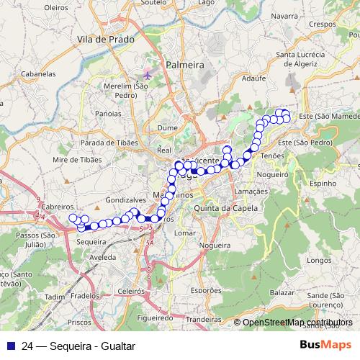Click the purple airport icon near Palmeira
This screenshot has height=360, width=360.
point(148,73)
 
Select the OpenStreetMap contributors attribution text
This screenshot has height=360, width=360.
point(297,323)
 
